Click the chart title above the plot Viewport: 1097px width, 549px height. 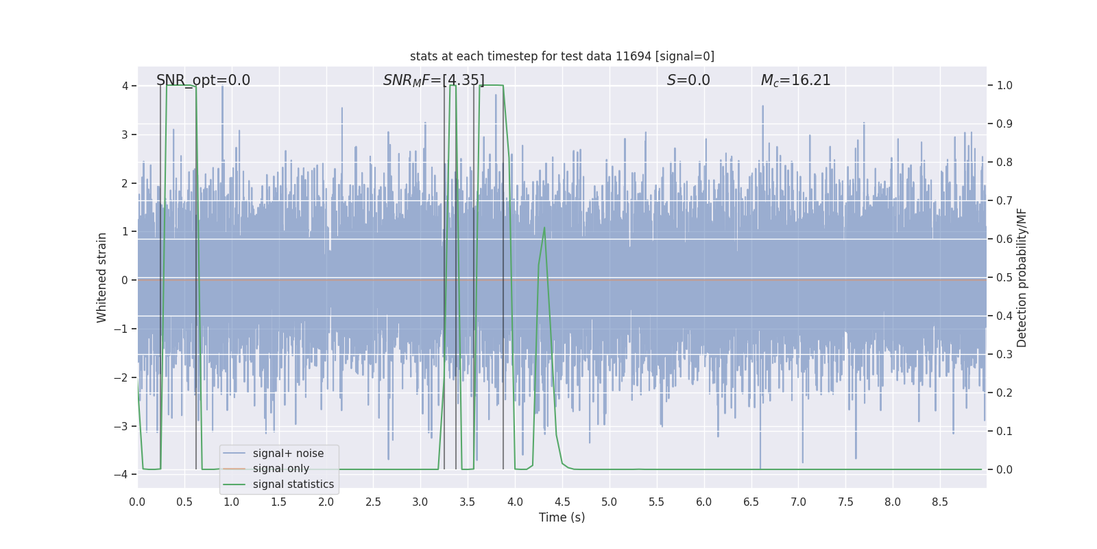(x=562, y=56)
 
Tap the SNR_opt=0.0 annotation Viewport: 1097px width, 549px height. (x=203, y=80)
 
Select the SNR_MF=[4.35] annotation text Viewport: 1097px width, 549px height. (x=433, y=80)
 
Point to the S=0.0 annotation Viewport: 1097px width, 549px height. (x=688, y=80)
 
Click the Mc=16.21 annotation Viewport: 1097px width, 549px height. (x=795, y=80)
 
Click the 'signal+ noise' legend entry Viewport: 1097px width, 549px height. (x=288, y=454)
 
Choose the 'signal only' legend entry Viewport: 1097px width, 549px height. (x=280, y=469)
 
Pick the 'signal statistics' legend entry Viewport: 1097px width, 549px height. (x=293, y=484)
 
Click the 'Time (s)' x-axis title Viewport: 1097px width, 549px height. (x=562, y=517)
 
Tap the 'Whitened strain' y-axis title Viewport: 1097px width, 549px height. (x=102, y=277)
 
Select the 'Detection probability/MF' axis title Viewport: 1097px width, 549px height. (x=1022, y=277)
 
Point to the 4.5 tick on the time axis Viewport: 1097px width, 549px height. (x=562, y=502)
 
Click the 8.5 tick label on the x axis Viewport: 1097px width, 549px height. (x=940, y=502)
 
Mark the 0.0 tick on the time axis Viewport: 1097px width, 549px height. (x=137, y=502)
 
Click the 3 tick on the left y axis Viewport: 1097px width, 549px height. (x=125, y=135)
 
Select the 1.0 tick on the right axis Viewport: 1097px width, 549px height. (x=1004, y=86)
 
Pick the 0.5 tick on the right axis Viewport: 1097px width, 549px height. (x=1004, y=278)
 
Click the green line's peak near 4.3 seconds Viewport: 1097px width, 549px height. (x=544, y=228)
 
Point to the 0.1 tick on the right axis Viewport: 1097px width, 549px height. (x=1004, y=432)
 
